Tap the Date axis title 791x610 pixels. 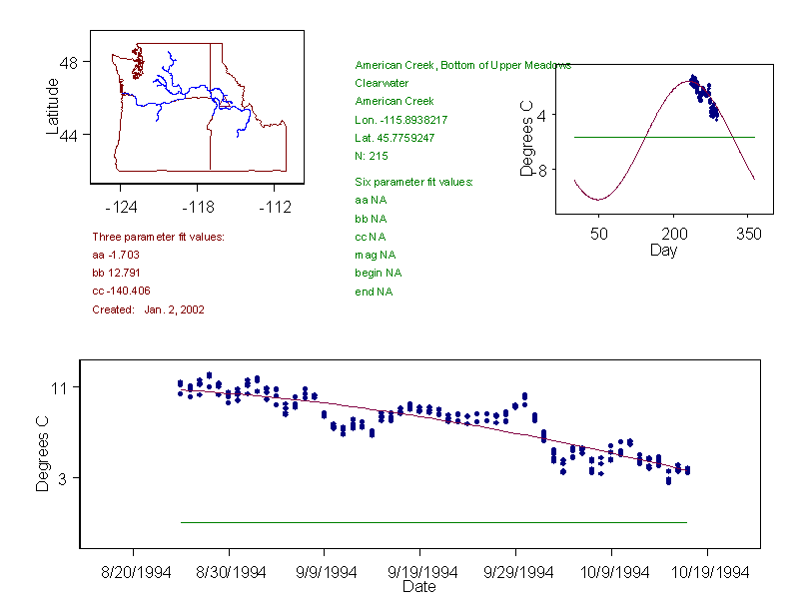[418, 587]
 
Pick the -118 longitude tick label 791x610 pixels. [197, 207]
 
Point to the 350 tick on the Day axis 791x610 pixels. [749, 234]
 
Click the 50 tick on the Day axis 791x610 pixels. [599, 234]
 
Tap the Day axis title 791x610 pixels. [663, 250]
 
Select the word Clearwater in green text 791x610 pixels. [382, 83]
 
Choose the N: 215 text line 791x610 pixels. [372, 156]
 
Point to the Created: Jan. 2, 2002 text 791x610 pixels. [148, 309]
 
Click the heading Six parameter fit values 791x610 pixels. [413, 182]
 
